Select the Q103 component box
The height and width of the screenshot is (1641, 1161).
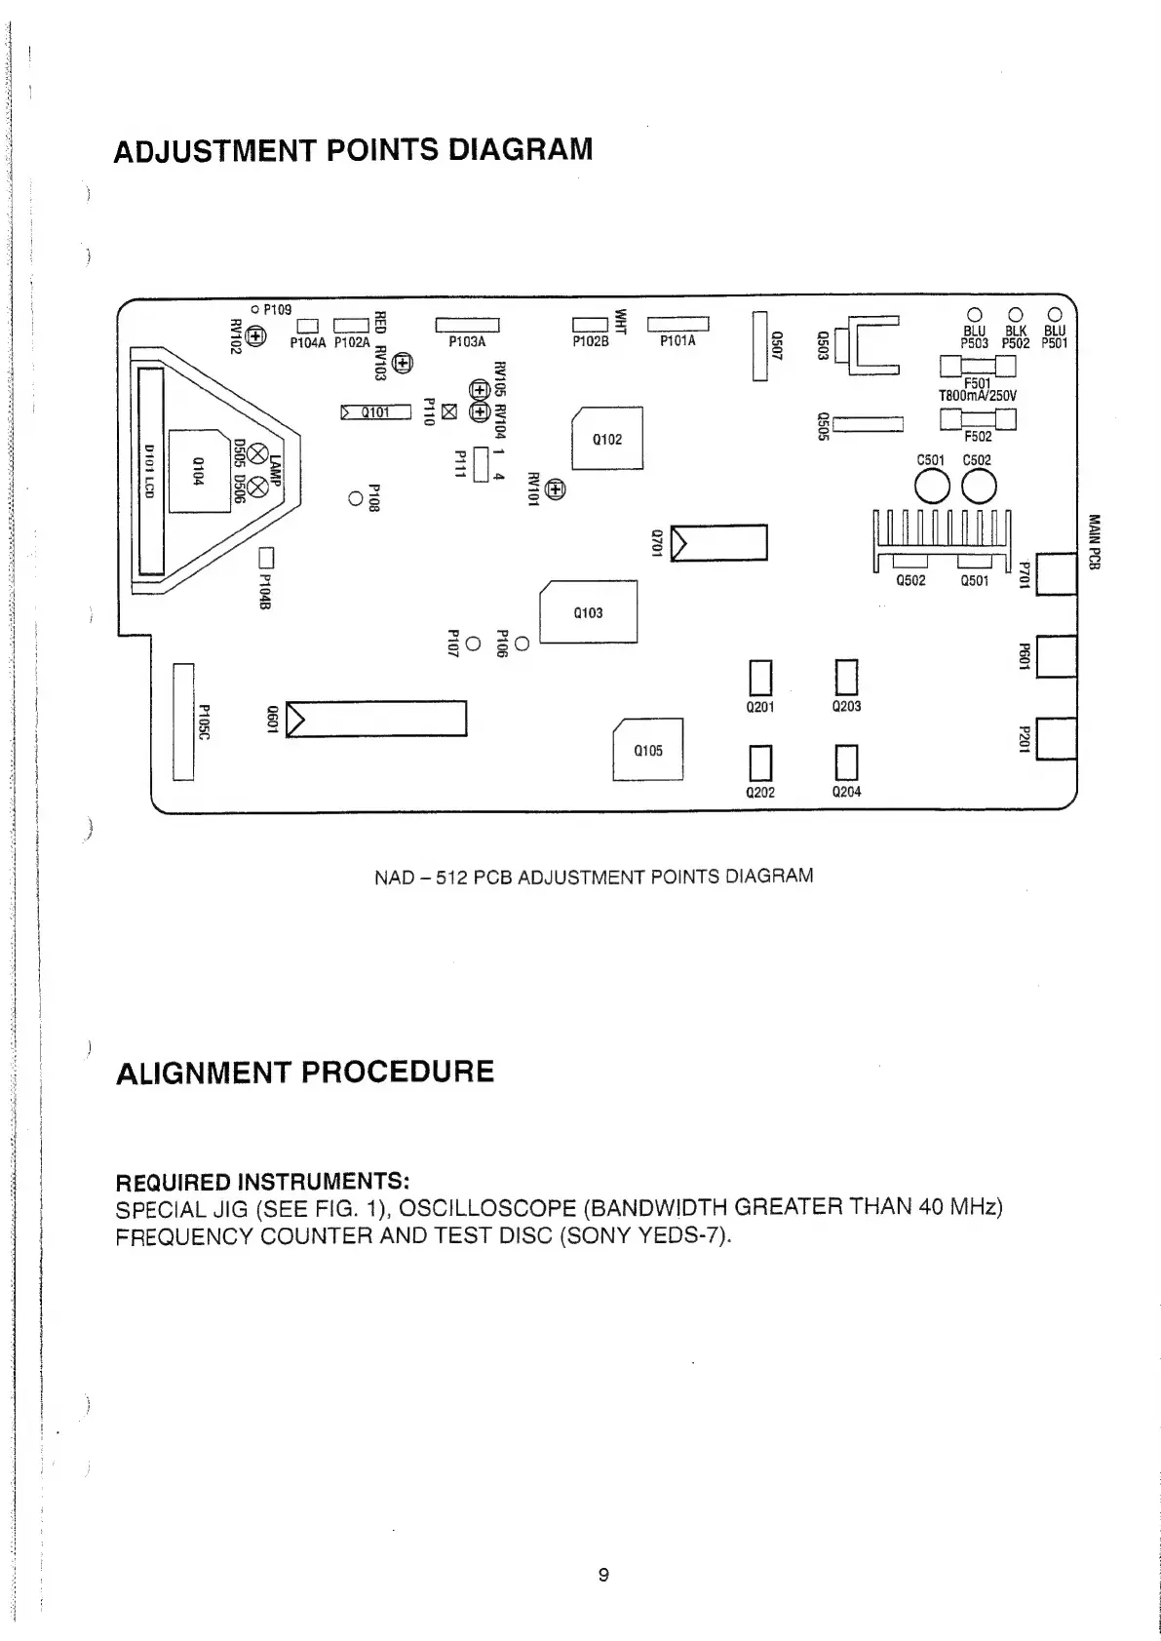click(588, 612)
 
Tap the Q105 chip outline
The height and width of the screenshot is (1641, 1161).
click(647, 749)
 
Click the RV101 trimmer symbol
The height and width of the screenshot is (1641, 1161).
click(555, 488)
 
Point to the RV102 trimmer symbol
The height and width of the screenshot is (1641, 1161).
click(256, 336)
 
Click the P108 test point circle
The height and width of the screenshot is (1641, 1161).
click(356, 499)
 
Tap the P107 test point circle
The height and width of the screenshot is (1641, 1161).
click(473, 645)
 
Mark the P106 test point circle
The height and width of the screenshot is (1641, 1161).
click(522, 644)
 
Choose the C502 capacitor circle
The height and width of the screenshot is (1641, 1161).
click(979, 485)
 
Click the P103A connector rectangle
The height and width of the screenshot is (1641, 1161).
click(467, 325)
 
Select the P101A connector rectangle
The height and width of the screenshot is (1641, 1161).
click(677, 324)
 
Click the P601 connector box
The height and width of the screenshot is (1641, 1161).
click(1057, 656)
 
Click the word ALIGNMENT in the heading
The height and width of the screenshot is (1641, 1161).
click(200, 1073)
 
